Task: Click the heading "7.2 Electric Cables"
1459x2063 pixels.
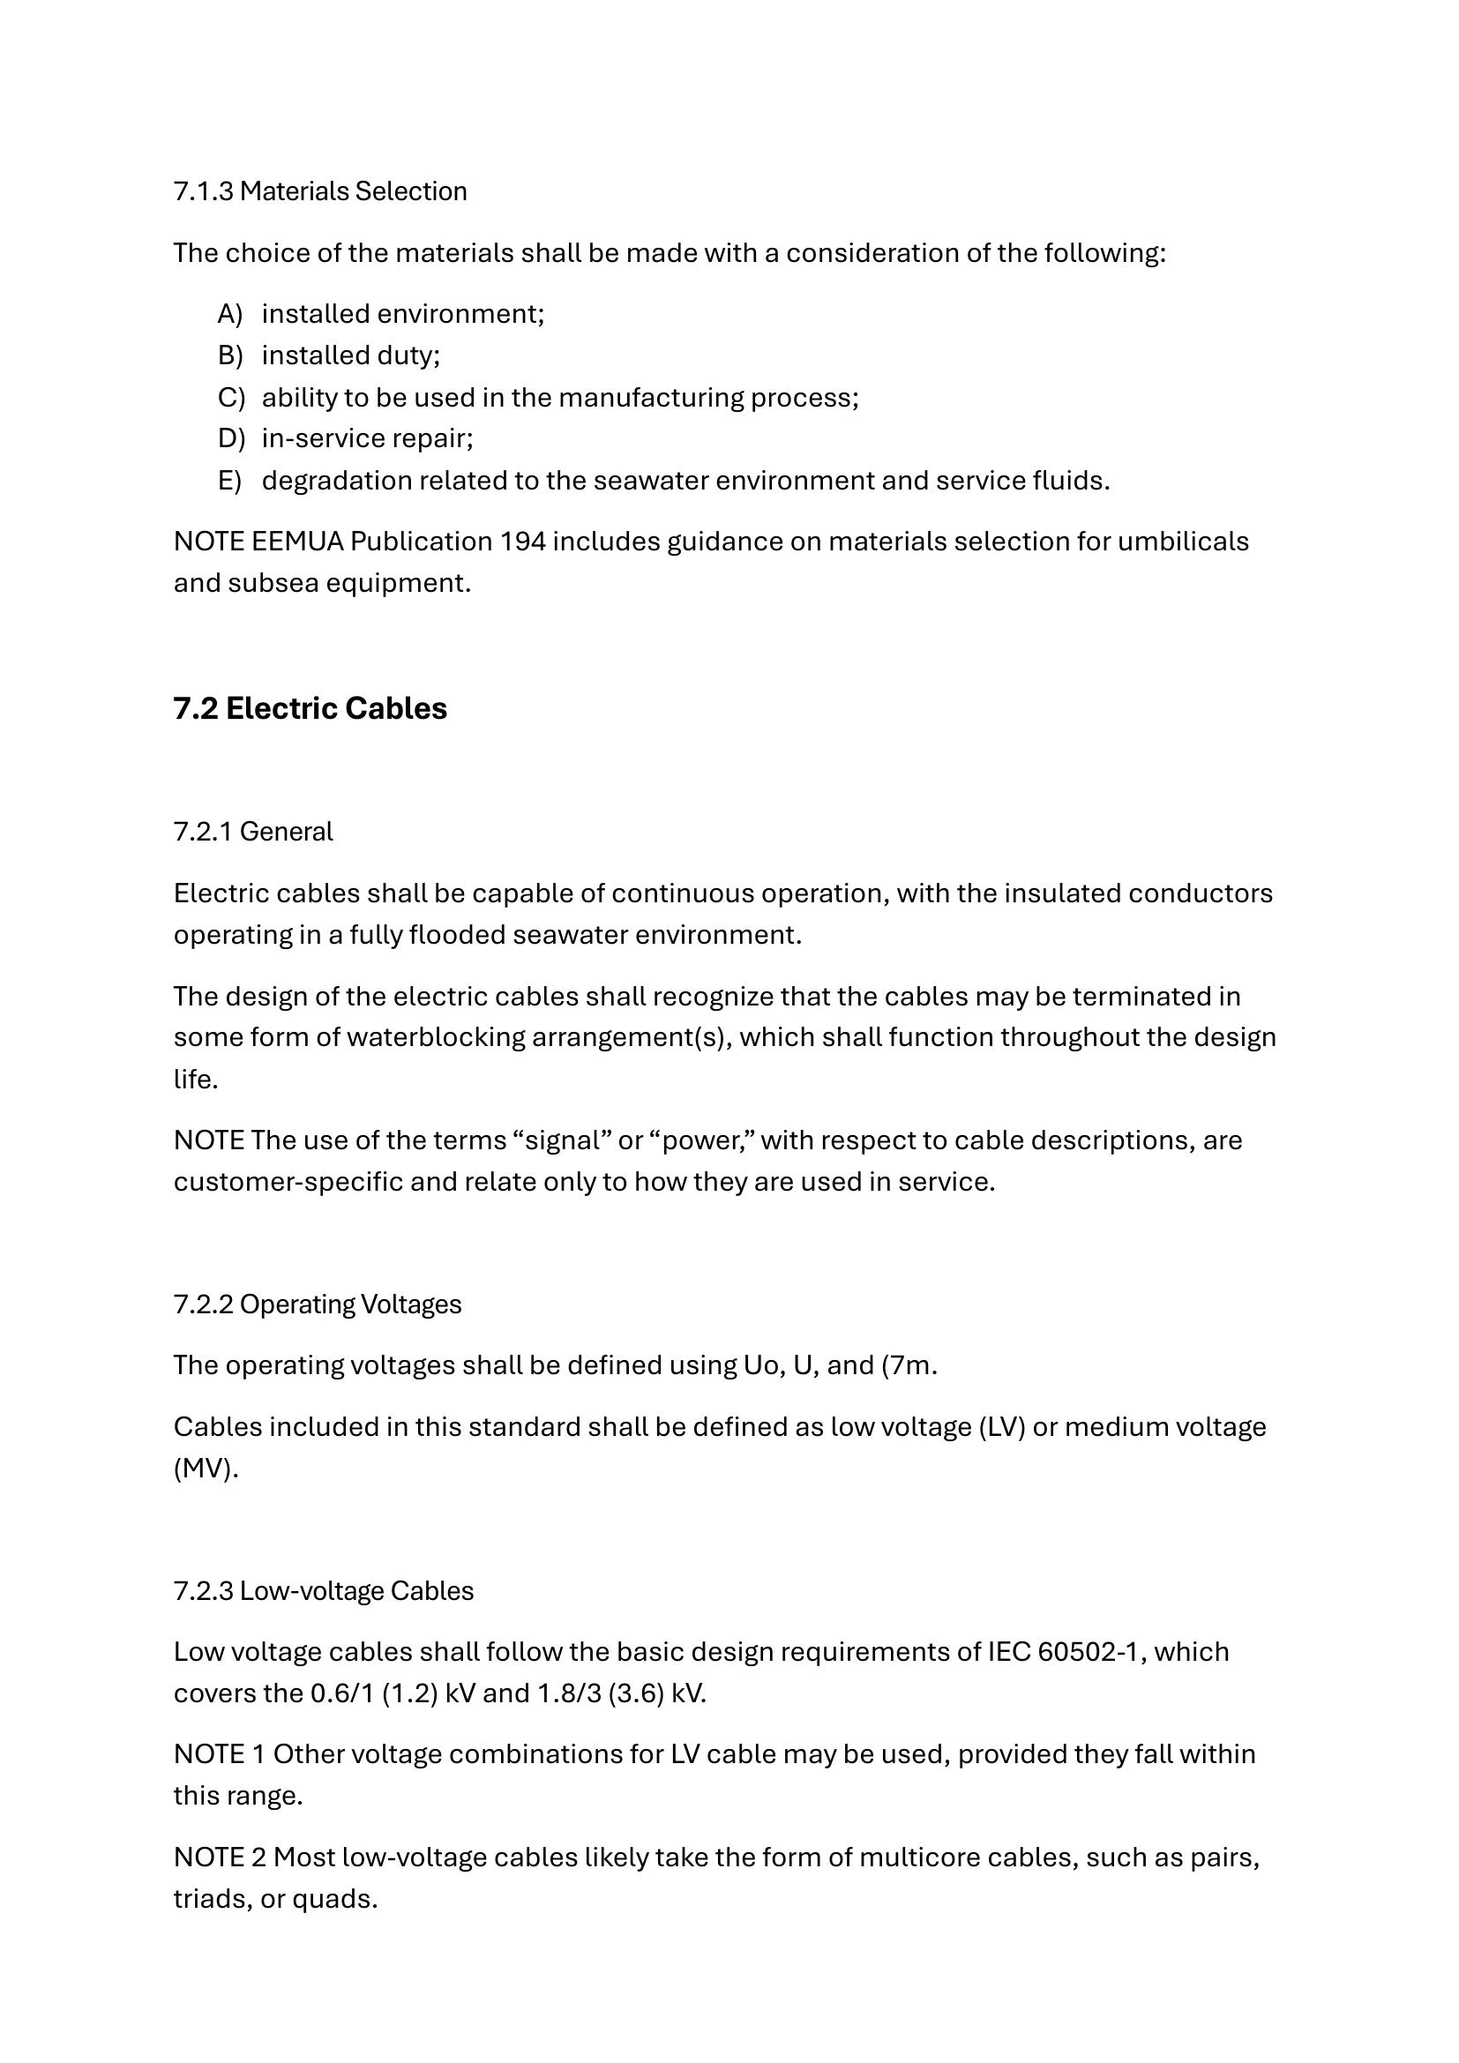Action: point(310,709)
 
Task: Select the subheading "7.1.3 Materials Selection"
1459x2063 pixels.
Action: point(320,191)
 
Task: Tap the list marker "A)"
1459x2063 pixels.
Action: point(230,314)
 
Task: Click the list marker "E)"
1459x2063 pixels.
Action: point(230,481)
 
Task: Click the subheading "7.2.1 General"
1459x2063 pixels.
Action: point(252,832)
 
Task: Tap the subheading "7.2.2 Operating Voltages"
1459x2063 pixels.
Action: point(318,1304)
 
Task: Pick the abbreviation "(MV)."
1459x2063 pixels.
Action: point(206,1469)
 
